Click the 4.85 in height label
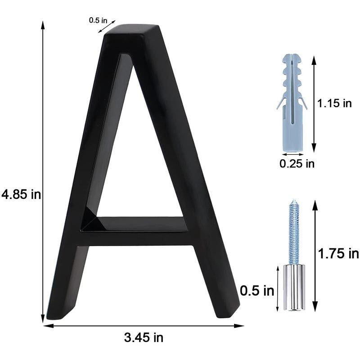pyautogui.click(x=21, y=195)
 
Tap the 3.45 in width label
pyautogui.click(x=144, y=337)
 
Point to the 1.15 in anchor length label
pyautogui.click(x=334, y=103)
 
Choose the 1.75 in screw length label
pyautogui.click(x=338, y=254)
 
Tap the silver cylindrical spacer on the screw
pyautogui.click(x=294, y=288)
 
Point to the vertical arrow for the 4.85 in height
pyautogui.click(x=43, y=171)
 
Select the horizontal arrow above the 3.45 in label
pyautogui.click(x=144, y=325)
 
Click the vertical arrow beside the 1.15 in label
pyautogui.click(x=314, y=103)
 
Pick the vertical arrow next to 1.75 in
pyautogui.click(x=315, y=254)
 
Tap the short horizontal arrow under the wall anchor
pyautogui.click(x=293, y=154)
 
